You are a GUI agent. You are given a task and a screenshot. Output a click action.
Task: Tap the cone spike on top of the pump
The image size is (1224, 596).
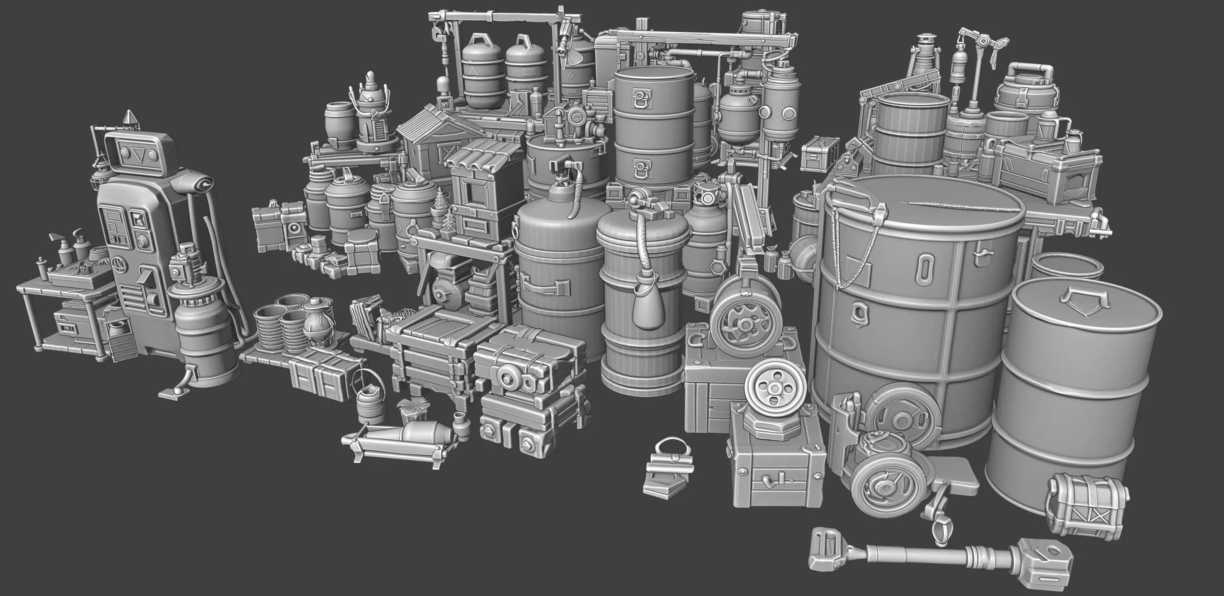pos(129,119)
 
